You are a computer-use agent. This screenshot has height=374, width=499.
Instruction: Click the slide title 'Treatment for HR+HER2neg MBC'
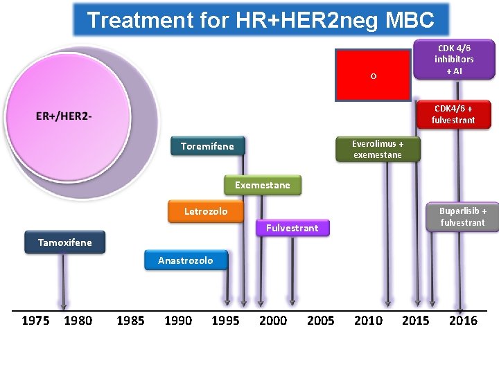pyautogui.click(x=261, y=19)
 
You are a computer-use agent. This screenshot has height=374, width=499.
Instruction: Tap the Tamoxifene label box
pyautogui.click(x=64, y=242)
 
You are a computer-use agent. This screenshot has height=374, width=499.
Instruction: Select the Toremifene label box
pyautogui.click(x=207, y=146)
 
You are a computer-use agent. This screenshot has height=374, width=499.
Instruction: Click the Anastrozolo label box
pyautogui.click(x=186, y=260)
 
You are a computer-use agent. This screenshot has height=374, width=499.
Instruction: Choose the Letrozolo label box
pyautogui.click(x=205, y=211)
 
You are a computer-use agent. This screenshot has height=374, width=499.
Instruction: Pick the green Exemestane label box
pyautogui.click(x=263, y=185)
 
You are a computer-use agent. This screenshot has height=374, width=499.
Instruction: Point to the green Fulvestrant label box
pyautogui.click(x=292, y=227)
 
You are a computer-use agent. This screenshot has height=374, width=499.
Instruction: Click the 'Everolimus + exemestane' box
pyautogui.click(x=377, y=149)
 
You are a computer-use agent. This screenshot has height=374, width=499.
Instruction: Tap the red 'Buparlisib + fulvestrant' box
pyautogui.click(x=462, y=216)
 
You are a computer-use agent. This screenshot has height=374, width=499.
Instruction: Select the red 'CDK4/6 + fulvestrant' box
pyautogui.click(x=453, y=114)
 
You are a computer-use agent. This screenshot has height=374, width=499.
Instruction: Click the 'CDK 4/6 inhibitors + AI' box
pyautogui.click(x=454, y=60)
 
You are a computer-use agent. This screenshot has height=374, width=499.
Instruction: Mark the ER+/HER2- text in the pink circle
pyautogui.click(x=64, y=116)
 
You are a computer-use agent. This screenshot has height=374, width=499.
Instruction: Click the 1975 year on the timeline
pyautogui.click(x=35, y=320)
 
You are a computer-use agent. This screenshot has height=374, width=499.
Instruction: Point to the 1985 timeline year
pyautogui.click(x=130, y=320)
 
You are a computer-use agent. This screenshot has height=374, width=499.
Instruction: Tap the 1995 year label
pyautogui.click(x=225, y=320)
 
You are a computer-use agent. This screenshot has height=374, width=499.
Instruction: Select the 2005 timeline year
pyautogui.click(x=320, y=320)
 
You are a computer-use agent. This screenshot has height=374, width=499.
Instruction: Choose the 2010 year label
pyautogui.click(x=368, y=320)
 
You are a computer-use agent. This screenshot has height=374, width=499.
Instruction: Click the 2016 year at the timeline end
pyautogui.click(x=463, y=320)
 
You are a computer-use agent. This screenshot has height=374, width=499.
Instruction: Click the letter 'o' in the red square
pyautogui.click(x=373, y=76)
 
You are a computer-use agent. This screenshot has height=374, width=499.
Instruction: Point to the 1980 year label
pyautogui.click(x=78, y=320)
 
